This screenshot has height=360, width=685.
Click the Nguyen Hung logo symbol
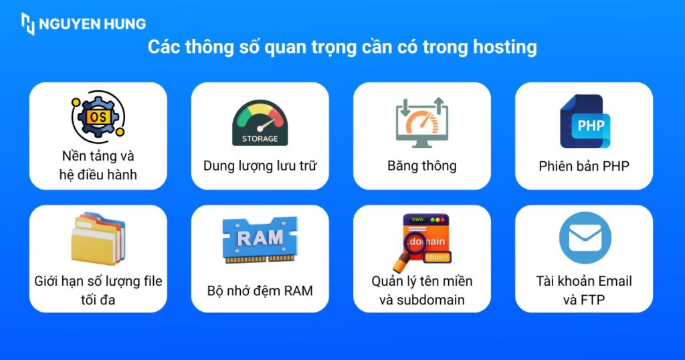pyautogui.click(x=28, y=23)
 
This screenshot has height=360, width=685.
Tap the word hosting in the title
pyautogui.click(x=505, y=48)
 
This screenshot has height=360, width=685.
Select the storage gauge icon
pyautogui.click(x=260, y=123)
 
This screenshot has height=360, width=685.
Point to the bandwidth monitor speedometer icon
pyautogui.click(x=422, y=122)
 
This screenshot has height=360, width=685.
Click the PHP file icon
pyautogui.click(x=585, y=122)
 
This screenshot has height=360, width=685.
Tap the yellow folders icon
pyautogui.click(x=98, y=238)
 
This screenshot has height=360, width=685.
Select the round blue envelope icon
pyautogui.click(x=585, y=238)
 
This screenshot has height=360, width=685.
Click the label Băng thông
pyautogui.click(x=422, y=166)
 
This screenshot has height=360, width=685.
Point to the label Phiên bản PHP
pyautogui.click(x=584, y=166)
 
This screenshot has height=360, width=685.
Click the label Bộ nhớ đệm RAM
pyautogui.click(x=260, y=290)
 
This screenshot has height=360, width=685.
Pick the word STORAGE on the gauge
pyautogui.click(x=260, y=139)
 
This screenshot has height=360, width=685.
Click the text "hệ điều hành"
pyautogui.click(x=98, y=175)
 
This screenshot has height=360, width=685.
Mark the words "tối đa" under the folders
pyautogui.click(x=98, y=300)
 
